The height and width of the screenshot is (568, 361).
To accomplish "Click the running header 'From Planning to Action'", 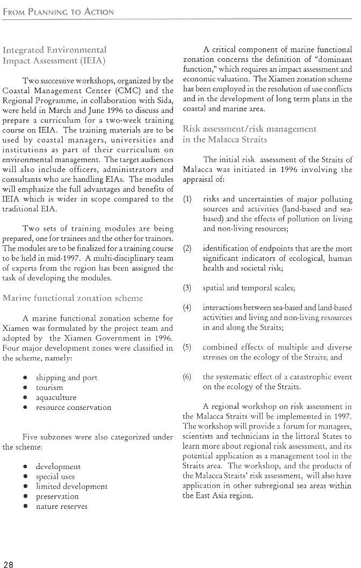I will coord(58,11).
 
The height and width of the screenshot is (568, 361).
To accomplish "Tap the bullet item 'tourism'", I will coord(49,387).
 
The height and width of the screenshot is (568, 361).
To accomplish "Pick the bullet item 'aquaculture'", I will coord(56,397).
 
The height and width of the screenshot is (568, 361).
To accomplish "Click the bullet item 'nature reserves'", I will coord(61,506).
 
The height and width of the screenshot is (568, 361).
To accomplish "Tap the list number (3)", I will coord(187,288).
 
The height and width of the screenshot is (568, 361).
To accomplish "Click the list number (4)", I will coord(187,308).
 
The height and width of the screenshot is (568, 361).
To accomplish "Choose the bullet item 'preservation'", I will coord(57,496).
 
